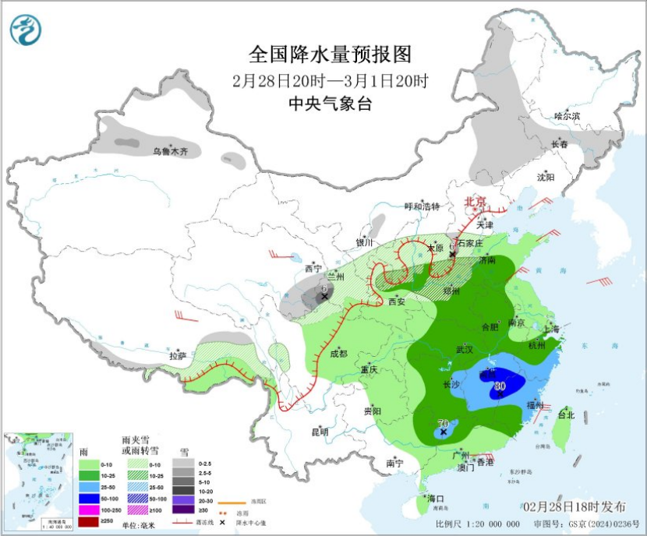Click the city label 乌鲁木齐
(x=170, y=152)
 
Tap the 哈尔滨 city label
(x=567, y=116)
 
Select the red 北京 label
(x=476, y=202)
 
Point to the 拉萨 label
(x=177, y=355)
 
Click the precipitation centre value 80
(x=500, y=385)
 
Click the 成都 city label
(x=338, y=353)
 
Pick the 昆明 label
(x=320, y=431)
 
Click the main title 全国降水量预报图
(x=329, y=55)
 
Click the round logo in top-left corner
(x=28, y=30)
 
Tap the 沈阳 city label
(x=546, y=177)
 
